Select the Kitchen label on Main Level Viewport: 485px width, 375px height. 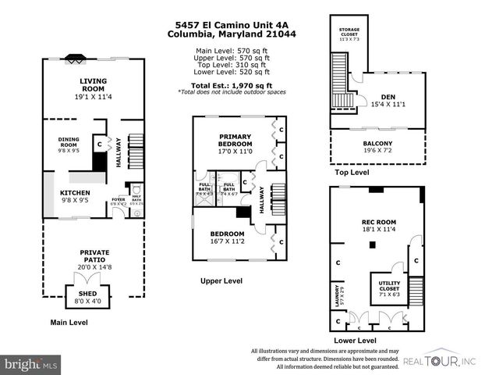point(76,193)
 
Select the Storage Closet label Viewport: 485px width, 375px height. point(349,33)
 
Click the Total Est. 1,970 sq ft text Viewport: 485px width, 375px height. point(231,85)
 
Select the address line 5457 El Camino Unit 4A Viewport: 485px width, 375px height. point(231,24)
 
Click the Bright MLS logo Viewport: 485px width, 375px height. point(31,364)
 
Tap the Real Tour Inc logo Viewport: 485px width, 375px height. point(441,360)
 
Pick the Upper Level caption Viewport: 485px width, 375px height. point(221,281)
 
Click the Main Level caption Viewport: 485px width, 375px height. point(69,322)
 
